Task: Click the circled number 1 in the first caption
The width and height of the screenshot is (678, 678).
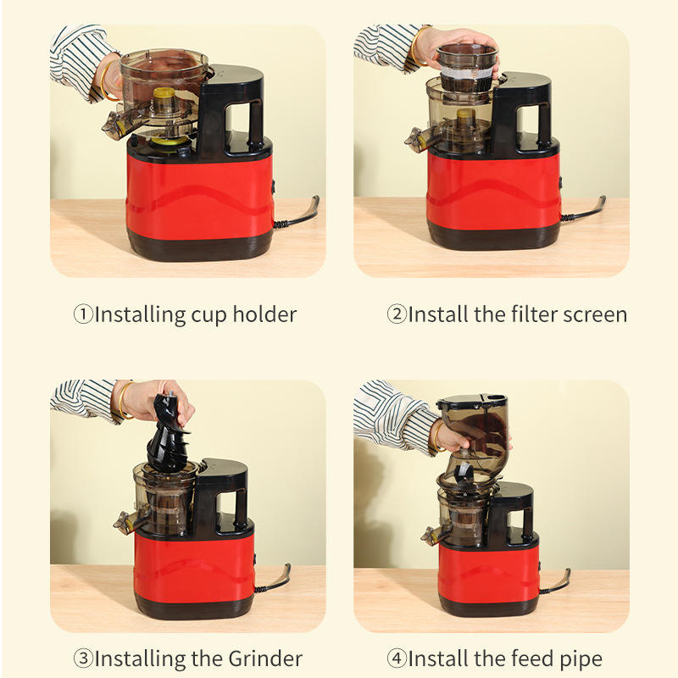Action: (83, 314)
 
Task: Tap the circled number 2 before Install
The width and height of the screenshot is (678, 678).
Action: (397, 314)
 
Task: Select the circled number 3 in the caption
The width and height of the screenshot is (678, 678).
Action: (83, 659)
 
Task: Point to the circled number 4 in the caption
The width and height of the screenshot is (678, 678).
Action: (397, 659)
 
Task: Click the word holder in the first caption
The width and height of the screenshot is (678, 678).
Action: (264, 314)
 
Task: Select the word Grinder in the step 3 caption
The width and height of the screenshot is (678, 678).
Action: (265, 659)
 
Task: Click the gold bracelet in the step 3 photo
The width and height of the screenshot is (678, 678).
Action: (123, 401)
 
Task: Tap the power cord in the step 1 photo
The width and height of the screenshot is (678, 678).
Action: (299, 214)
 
